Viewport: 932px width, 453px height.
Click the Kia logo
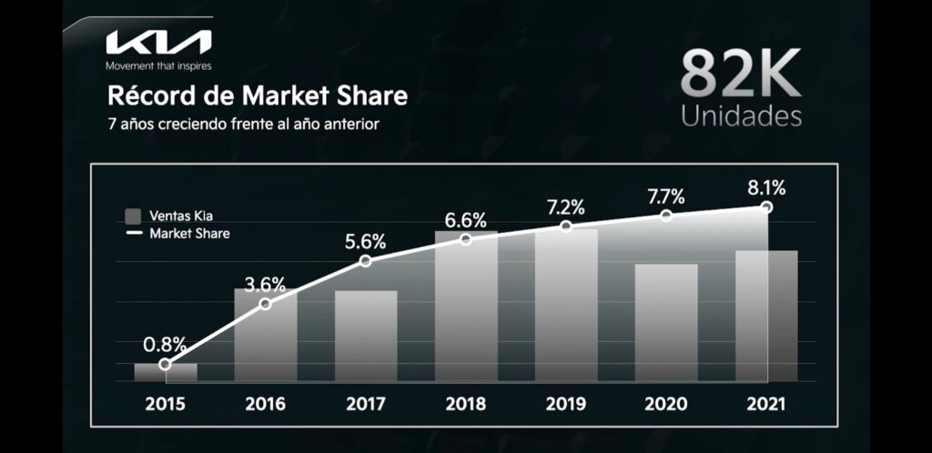pos(158,42)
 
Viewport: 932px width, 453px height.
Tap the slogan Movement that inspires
pos(158,65)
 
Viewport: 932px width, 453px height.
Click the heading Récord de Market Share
pos(258,96)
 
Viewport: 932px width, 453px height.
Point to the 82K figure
pos(741,75)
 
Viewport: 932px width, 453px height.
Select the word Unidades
pos(741,117)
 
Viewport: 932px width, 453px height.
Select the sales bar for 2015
pos(166,372)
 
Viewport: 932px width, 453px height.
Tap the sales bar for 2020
pos(666,322)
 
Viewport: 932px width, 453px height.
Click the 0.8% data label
pos(165,345)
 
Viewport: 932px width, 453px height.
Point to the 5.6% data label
pos(365,242)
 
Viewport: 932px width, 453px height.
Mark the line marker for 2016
pos(266,303)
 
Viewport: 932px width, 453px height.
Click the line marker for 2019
pos(566,226)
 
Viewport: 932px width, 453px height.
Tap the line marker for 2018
pos(466,239)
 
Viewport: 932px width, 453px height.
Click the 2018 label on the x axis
pos(466,404)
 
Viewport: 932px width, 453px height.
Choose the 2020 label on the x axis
pos(666,404)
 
